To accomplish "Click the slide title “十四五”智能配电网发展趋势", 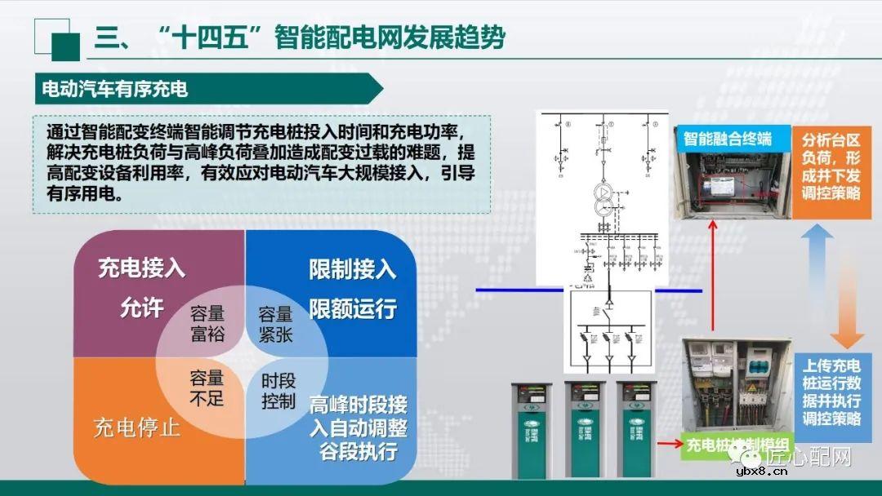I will click(300, 38).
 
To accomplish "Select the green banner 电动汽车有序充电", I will click(114, 88).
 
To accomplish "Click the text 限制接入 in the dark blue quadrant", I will click(352, 268).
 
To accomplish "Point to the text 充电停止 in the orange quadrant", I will click(137, 427).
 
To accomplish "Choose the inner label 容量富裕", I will click(207, 323).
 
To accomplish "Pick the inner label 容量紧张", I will click(275, 323).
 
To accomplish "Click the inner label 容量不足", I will click(207, 387).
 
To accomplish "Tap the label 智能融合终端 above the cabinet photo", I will click(727, 138).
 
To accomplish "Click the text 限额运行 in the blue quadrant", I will click(352, 308).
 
